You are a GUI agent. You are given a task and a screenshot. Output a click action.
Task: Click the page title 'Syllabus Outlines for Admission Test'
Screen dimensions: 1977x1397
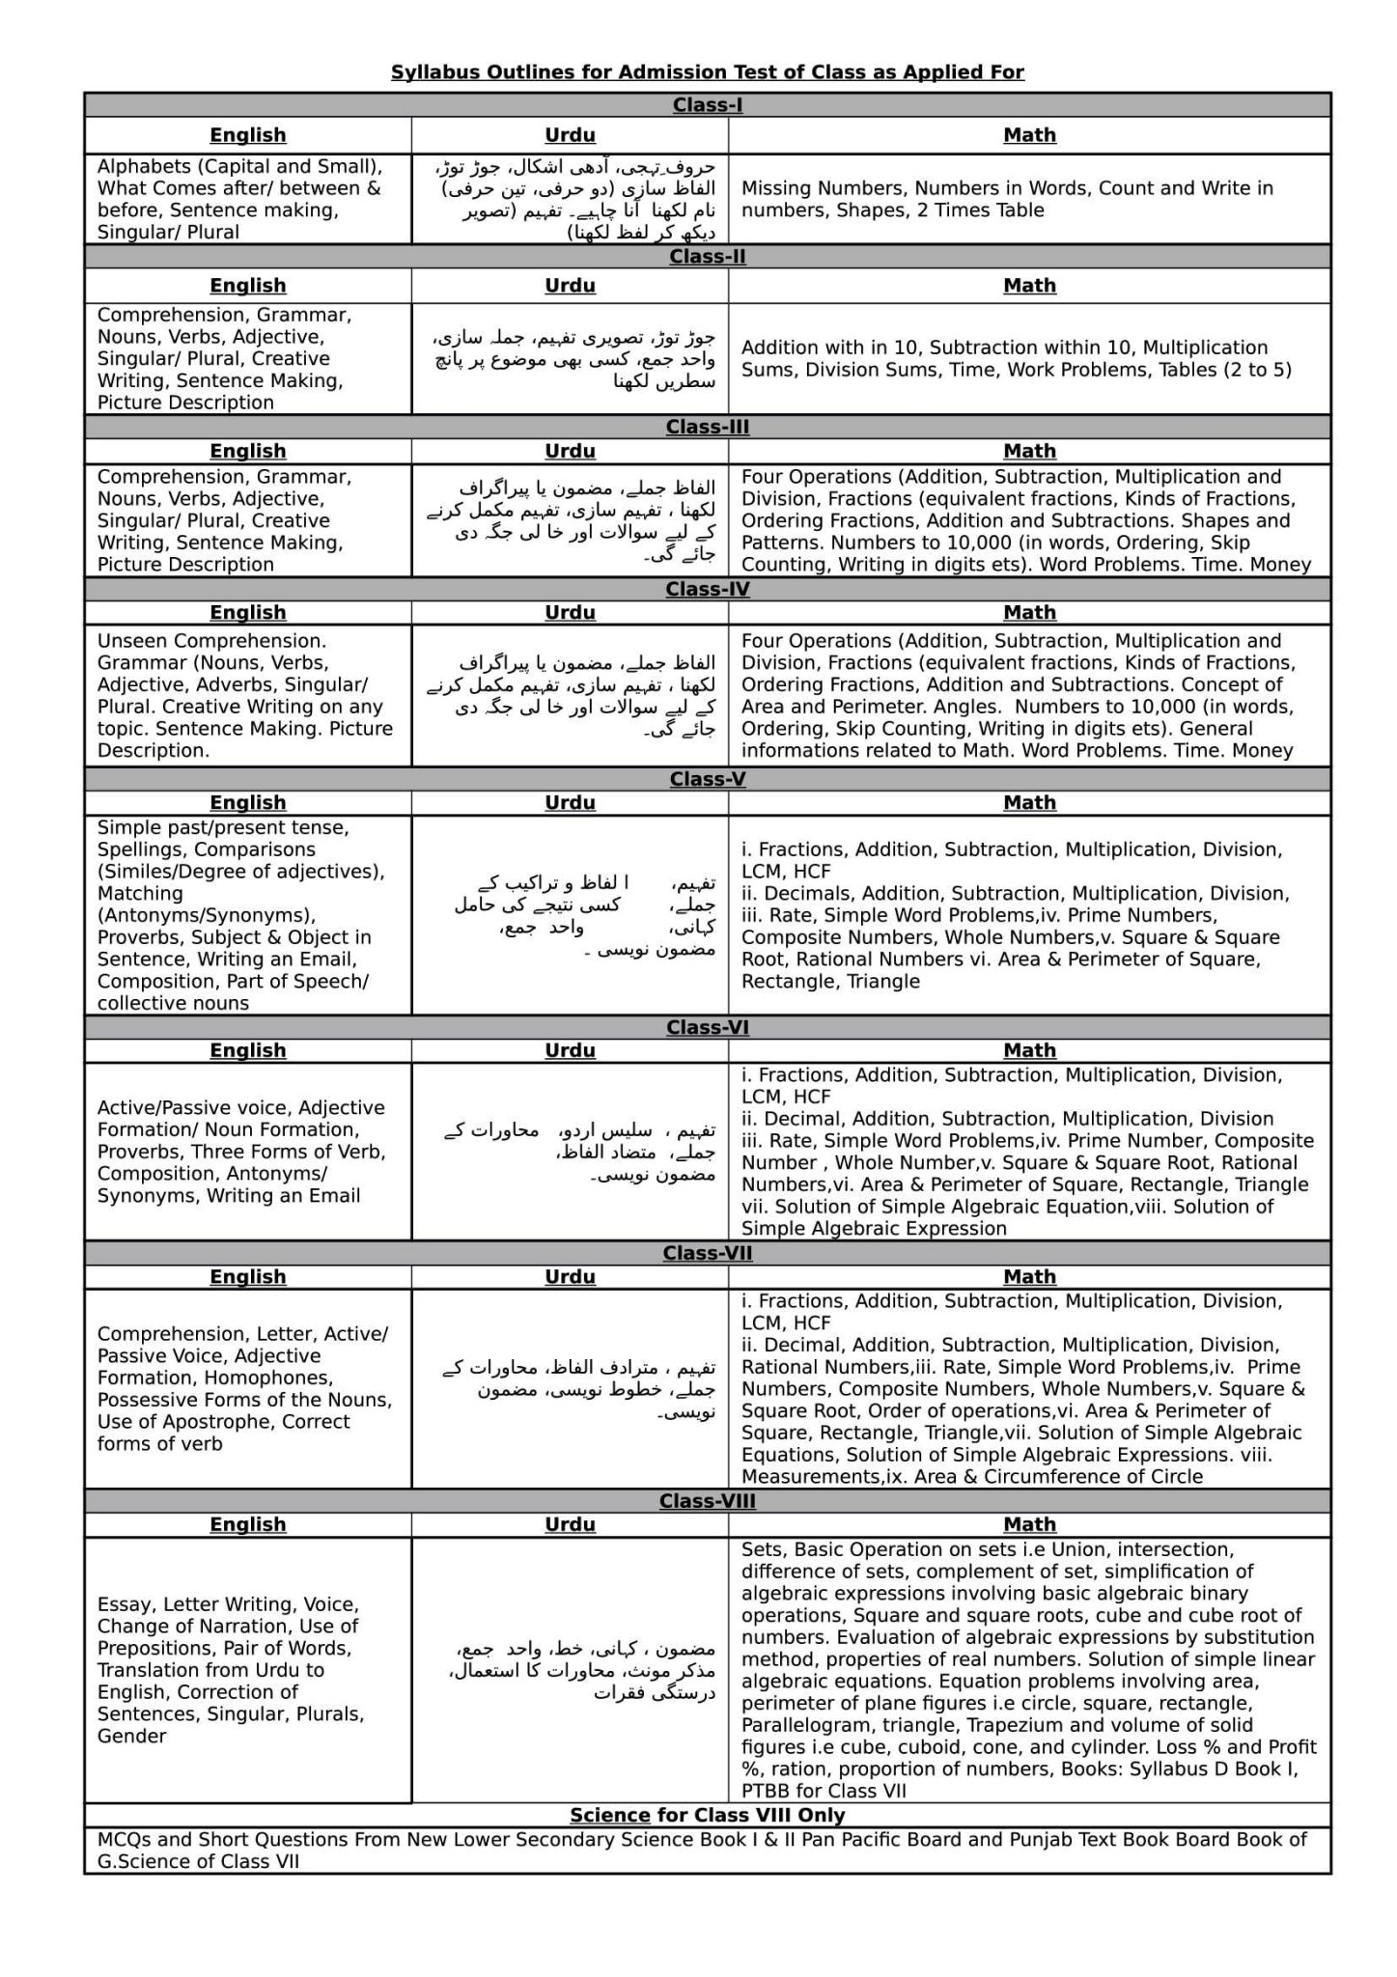click(707, 72)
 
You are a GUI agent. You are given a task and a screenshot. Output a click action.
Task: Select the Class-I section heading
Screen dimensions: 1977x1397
click(707, 105)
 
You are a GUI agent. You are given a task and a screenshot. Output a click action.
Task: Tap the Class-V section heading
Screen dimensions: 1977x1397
click(707, 779)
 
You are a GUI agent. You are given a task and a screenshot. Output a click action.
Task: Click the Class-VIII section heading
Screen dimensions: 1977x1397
click(707, 1501)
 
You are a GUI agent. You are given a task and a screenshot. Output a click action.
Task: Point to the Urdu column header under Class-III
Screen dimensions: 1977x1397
click(570, 451)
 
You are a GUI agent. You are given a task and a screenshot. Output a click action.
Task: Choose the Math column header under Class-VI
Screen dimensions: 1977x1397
click(1029, 1050)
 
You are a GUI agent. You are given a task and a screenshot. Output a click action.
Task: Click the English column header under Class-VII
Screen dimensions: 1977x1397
click(248, 1276)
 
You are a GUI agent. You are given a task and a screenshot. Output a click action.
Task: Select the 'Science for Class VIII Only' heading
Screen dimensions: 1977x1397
click(707, 1815)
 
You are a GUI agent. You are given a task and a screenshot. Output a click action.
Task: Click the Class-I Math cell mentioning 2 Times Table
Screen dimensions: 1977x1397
click(1007, 199)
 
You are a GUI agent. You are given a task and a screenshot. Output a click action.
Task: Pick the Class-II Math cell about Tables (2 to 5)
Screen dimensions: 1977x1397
click(1016, 358)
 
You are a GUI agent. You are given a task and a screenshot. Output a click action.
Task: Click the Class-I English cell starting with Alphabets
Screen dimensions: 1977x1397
click(239, 199)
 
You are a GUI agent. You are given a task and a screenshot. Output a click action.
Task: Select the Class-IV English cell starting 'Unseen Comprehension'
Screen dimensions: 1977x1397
click(245, 695)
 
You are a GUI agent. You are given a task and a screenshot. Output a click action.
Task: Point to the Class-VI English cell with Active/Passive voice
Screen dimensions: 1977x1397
click(241, 1152)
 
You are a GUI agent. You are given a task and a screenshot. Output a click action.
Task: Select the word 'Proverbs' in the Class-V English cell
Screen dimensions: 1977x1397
click(138, 937)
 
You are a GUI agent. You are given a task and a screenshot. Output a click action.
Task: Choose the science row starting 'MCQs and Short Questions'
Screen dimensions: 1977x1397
click(702, 1850)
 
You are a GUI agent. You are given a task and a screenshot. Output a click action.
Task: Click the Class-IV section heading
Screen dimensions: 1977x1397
click(707, 589)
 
